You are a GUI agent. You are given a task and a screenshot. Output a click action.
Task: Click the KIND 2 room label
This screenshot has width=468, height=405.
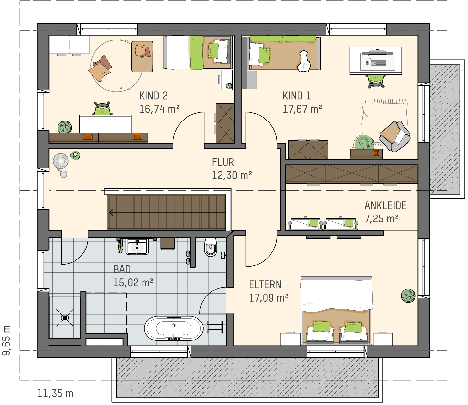pos(154,96)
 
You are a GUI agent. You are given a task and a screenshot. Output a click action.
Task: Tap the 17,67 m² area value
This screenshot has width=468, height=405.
pos(302,109)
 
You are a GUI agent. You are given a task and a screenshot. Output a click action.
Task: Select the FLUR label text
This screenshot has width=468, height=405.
pos(223,162)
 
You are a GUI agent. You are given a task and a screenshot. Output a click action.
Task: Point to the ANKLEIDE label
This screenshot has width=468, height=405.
pos(385,206)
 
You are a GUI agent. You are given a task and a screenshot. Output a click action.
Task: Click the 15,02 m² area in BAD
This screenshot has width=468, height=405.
pos(133,283)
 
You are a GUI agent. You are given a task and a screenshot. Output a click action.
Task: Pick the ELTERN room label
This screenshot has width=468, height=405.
pos(265,284)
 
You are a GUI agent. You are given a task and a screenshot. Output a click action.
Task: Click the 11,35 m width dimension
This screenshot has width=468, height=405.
pos(55,394)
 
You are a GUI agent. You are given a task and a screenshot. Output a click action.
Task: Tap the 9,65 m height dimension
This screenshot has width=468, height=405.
pos(6,340)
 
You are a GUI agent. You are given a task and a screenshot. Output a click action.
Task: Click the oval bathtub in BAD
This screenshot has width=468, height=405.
pos(174,328)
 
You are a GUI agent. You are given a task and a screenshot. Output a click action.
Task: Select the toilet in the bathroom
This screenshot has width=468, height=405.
pos(210,247)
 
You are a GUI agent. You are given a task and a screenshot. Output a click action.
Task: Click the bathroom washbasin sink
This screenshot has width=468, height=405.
pos(137,246)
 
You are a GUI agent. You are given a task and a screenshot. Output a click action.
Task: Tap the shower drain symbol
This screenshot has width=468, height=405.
pos(65,318)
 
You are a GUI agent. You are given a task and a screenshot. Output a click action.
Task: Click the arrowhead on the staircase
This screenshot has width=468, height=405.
pos(112,213)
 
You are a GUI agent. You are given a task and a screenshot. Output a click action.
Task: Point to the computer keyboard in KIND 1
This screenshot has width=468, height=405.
pos(378,63)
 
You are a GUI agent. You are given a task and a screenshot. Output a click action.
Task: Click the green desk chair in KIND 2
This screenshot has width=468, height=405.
pos(102,109)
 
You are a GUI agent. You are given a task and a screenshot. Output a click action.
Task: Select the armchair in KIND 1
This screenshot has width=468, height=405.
pos(395,136)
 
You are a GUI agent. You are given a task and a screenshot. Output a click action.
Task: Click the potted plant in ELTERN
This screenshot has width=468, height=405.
pos(408,296)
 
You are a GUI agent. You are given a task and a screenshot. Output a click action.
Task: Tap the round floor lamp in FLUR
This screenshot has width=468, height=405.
pos(61,161)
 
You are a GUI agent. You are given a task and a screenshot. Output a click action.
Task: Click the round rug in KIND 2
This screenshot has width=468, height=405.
pos(117,66)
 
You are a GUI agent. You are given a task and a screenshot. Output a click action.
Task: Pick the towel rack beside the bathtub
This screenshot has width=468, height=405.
pos(215,327)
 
